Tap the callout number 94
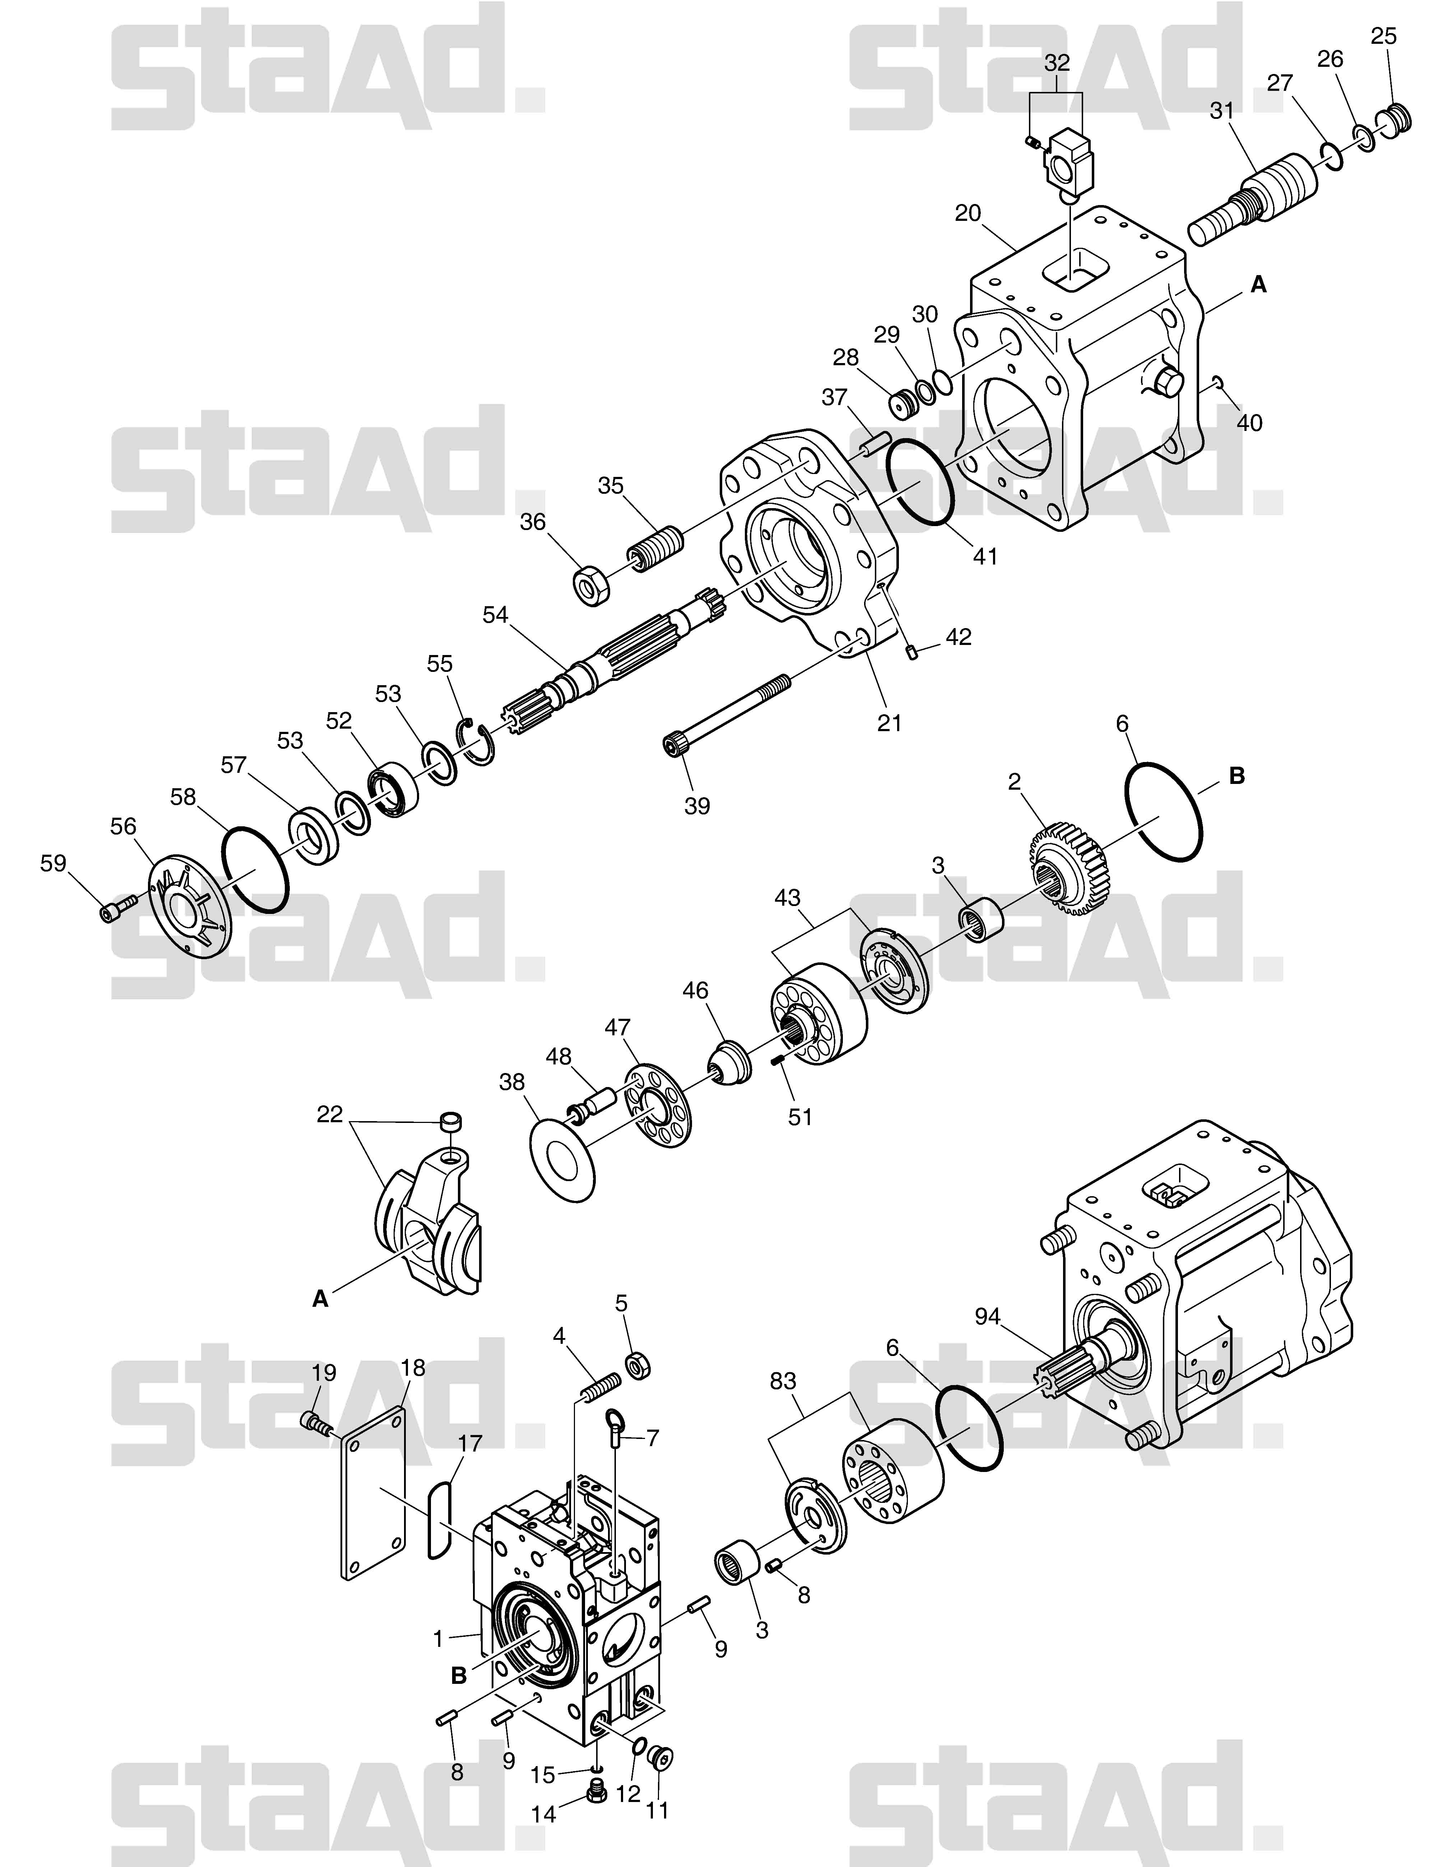(x=987, y=1317)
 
